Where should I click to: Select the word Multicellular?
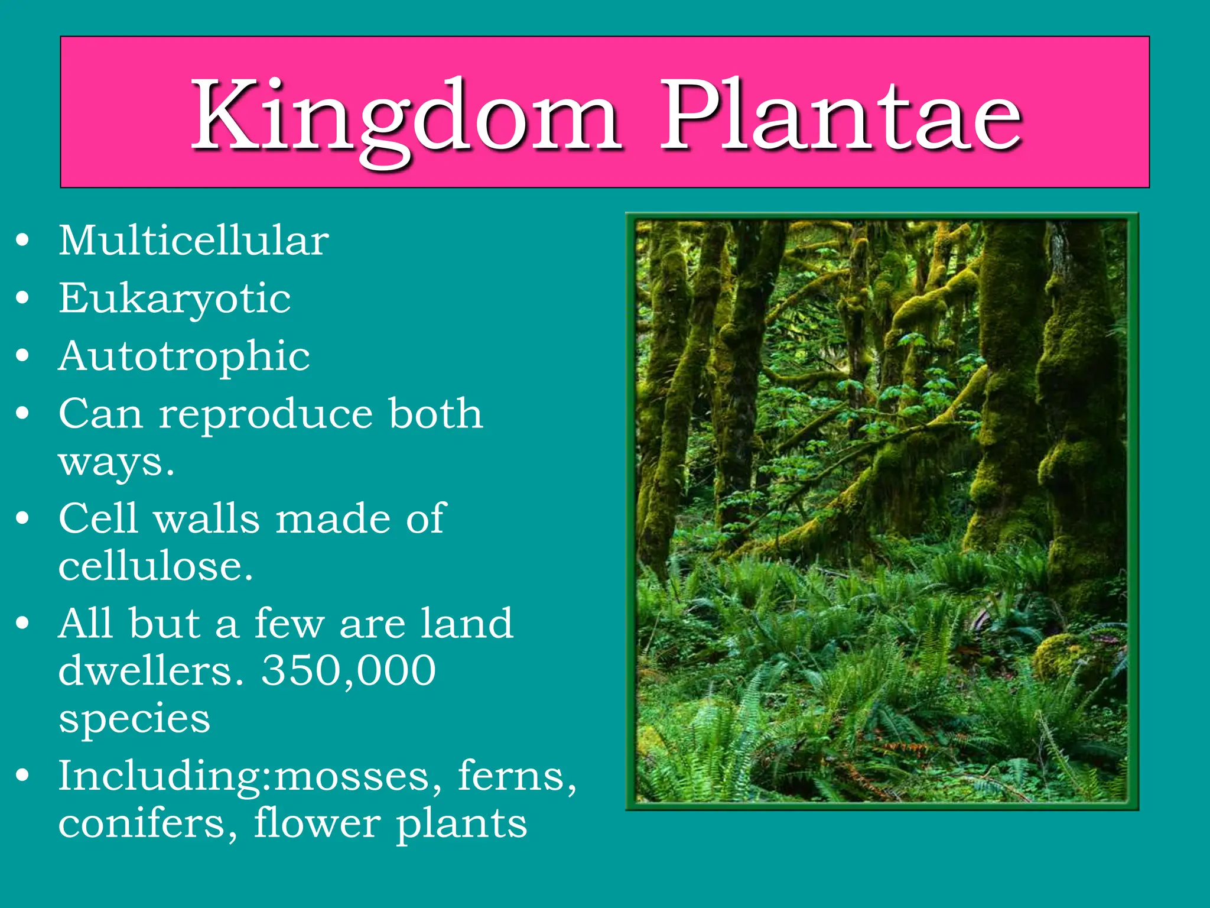pyautogui.click(x=193, y=241)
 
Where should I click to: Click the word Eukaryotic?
pyautogui.click(x=174, y=299)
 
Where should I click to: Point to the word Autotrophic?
pyautogui.click(x=184, y=356)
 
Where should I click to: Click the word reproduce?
pyautogui.click(x=266, y=414)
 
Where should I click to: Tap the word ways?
pyautogui.click(x=116, y=462)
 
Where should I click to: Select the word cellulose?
pyautogui.click(x=155, y=566)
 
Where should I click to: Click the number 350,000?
pyautogui.click(x=349, y=671)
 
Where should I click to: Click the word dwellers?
pyautogui.click(x=151, y=671)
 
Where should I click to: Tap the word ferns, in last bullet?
pyautogui.click(x=517, y=776)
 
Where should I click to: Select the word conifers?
pyautogui.click(x=148, y=823)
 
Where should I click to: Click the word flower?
pyautogui.click(x=317, y=823)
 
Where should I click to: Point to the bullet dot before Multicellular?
pyautogui.click(x=22, y=241)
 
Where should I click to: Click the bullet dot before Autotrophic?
pyautogui.click(x=22, y=356)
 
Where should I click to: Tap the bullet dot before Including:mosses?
pyautogui.click(x=22, y=776)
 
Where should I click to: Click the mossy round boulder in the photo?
pyautogui.click(x=1063, y=656)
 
